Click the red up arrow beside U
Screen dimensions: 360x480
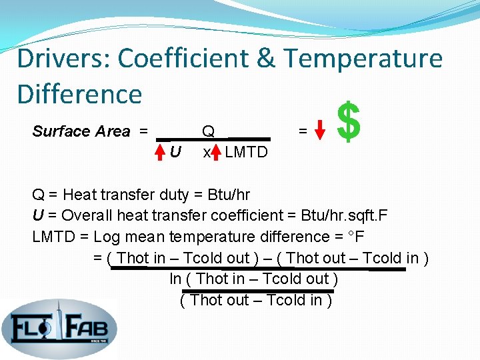click(160, 151)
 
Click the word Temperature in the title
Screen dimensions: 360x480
click(364, 59)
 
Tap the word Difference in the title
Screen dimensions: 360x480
click(79, 94)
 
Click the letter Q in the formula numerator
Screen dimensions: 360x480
click(208, 131)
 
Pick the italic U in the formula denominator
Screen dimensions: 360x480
click(175, 152)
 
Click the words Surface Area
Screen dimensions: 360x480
click(81, 131)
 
